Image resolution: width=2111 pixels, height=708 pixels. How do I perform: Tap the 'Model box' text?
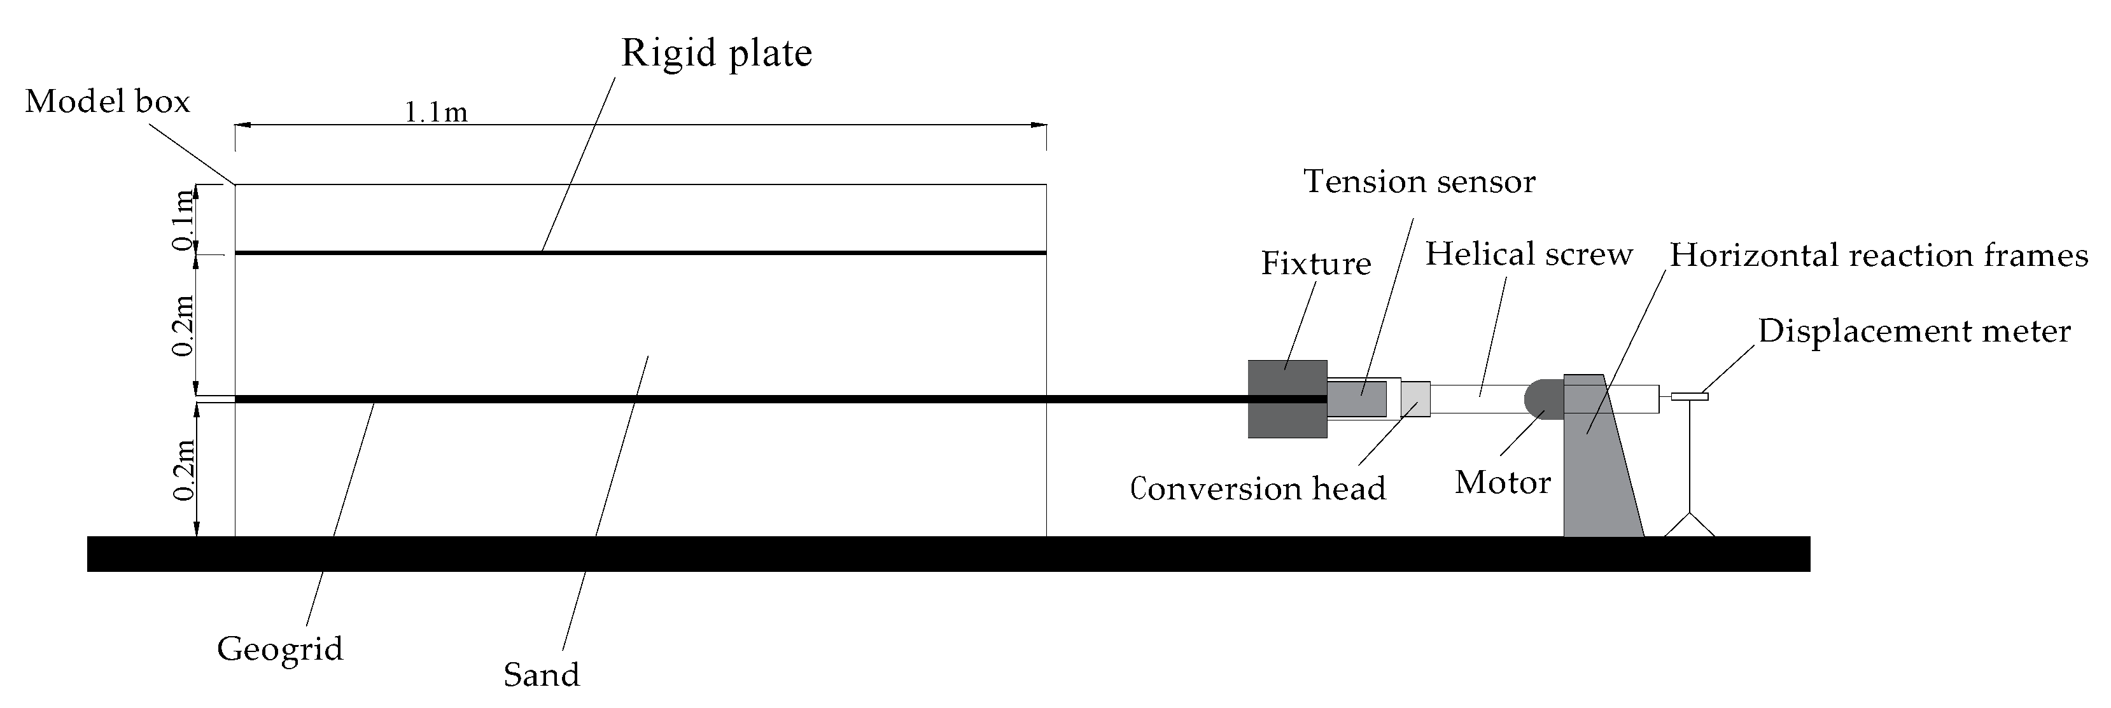[108, 102]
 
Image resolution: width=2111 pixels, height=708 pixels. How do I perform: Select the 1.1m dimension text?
[436, 112]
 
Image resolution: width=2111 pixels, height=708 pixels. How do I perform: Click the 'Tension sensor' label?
[1419, 182]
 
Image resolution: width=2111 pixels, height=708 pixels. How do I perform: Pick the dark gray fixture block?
[1287, 399]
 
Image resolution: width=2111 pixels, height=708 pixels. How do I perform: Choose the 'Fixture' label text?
[1315, 264]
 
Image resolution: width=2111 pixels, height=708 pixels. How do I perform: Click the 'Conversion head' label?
[1257, 489]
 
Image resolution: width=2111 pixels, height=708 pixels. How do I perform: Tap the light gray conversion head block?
[1415, 399]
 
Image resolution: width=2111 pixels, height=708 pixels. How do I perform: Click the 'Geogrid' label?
[279, 649]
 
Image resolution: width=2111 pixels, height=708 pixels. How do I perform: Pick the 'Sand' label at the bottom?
[541, 675]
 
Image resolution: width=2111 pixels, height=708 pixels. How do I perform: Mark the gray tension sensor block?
[1356, 399]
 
